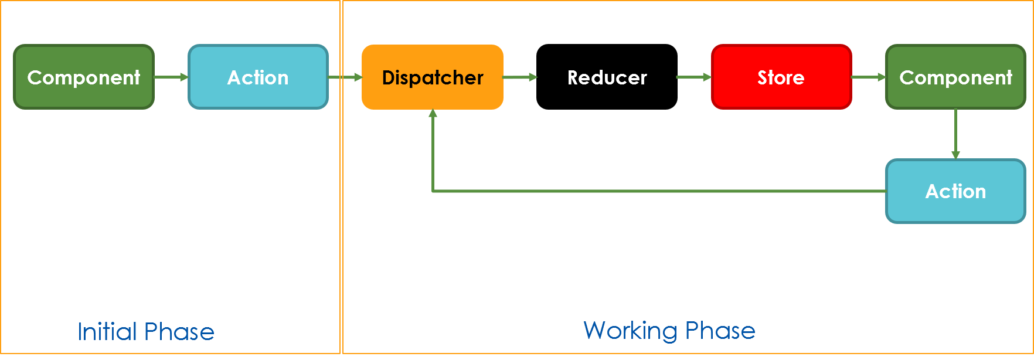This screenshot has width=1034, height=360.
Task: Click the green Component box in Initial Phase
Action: tap(84, 77)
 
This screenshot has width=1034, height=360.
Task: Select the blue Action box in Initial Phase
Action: tap(258, 77)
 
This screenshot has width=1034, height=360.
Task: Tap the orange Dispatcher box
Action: tap(433, 77)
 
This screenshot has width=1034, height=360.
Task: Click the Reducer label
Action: tap(607, 77)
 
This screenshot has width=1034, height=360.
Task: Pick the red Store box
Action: tap(781, 77)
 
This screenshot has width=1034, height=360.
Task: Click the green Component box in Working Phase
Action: tap(955, 77)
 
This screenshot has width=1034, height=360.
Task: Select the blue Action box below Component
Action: tap(955, 191)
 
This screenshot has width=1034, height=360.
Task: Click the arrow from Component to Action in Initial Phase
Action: tap(171, 77)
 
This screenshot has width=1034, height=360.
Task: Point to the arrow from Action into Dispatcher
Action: tap(345, 77)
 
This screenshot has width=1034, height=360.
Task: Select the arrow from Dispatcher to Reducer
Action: tap(520, 77)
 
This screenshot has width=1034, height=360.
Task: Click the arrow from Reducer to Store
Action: tap(693, 77)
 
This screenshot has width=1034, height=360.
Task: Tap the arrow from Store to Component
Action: tap(868, 77)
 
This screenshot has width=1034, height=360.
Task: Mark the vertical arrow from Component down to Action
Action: tap(955, 134)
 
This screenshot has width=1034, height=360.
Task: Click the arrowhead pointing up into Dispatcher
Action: tap(433, 114)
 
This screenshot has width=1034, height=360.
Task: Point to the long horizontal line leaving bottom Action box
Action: tap(657, 191)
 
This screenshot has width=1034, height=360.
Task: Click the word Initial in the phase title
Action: tap(107, 332)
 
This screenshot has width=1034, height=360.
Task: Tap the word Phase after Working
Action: tap(720, 331)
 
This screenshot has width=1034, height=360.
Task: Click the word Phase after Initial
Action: tap(179, 332)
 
